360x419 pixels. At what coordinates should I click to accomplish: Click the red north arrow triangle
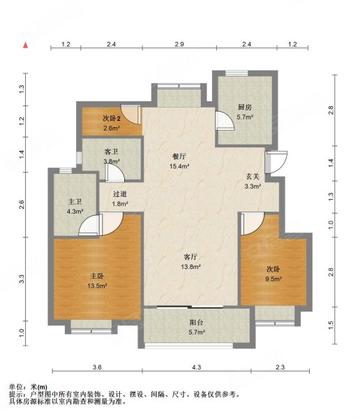(x=26, y=45)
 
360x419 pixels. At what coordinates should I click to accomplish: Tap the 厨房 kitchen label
(x=245, y=107)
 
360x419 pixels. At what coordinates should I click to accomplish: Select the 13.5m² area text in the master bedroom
(x=97, y=286)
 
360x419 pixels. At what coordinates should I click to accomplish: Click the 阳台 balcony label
(x=197, y=323)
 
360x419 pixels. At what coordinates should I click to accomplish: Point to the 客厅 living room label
(x=190, y=257)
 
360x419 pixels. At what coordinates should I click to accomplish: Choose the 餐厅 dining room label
(x=179, y=156)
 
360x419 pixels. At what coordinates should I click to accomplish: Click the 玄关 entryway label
(x=253, y=177)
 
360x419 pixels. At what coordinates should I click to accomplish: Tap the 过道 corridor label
(x=119, y=194)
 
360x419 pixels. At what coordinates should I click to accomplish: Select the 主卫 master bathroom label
(x=75, y=202)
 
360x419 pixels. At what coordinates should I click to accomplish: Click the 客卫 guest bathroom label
(x=112, y=152)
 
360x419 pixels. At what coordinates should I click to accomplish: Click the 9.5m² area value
(x=273, y=279)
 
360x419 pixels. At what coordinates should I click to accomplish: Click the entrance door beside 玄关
(x=276, y=162)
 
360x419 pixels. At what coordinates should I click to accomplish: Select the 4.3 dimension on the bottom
(x=196, y=367)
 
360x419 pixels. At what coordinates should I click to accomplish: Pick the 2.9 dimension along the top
(x=179, y=44)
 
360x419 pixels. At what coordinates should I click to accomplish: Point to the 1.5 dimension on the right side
(x=331, y=325)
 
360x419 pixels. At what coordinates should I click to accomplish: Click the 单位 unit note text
(x=28, y=387)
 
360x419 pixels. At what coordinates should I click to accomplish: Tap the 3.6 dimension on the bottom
(x=97, y=367)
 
